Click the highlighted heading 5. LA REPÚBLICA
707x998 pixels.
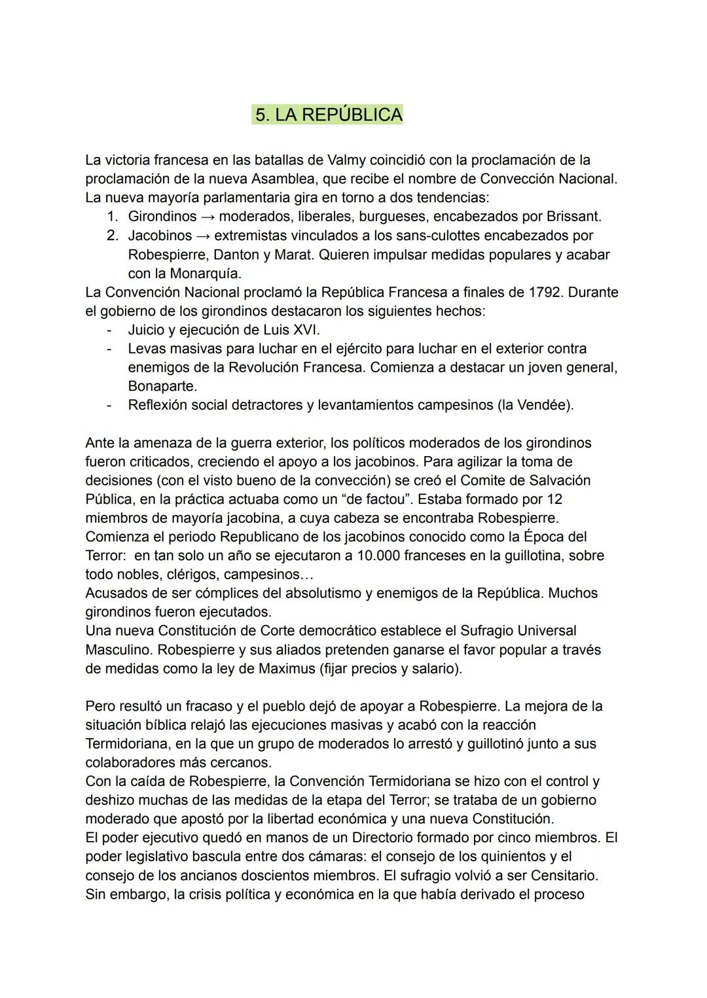[x=328, y=115]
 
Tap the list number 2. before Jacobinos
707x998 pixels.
[x=114, y=235]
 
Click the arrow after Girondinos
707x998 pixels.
[x=208, y=217]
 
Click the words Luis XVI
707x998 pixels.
[x=291, y=330]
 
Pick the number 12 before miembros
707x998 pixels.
[x=554, y=499]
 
